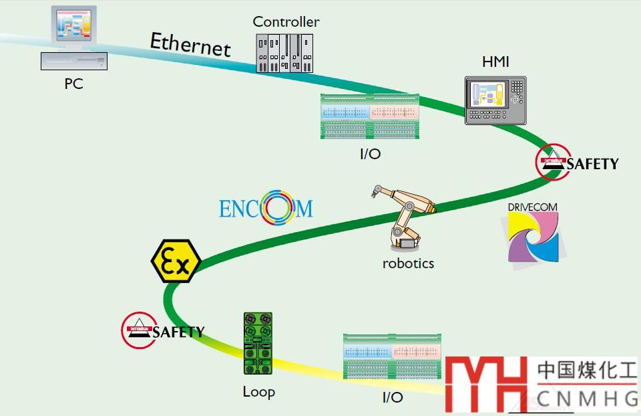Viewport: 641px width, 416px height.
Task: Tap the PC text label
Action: tap(73, 84)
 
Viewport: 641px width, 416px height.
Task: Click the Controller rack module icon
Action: tap(285, 54)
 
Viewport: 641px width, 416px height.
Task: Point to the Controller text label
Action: tap(286, 21)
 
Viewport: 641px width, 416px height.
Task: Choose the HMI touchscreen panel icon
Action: tap(495, 100)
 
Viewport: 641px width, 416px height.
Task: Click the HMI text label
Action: tap(495, 62)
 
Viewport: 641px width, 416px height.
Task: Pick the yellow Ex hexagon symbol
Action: tap(176, 261)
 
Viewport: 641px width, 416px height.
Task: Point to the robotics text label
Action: tap(408, 263)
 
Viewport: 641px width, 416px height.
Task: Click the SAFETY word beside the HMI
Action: tap(593, 164)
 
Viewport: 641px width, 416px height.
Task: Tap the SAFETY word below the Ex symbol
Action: tap(178, 332)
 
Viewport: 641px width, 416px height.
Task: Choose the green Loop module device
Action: tap(258, 344)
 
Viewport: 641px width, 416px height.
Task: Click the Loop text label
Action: tap(258, 391)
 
